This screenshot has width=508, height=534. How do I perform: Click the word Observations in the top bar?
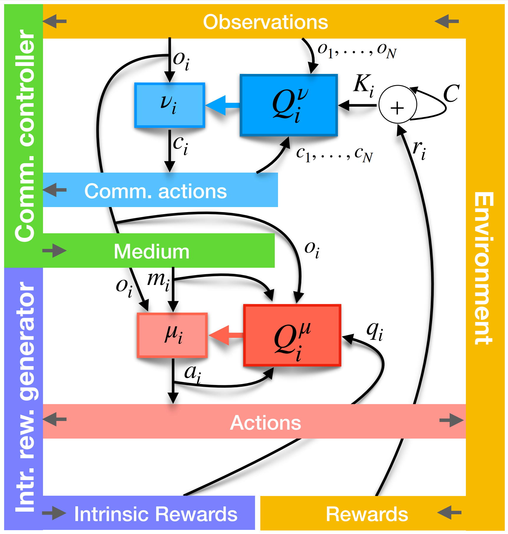click(265, 22)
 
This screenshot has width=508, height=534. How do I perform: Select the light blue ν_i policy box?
click(169, 105)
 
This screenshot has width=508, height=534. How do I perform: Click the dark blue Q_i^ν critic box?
click(289, 105)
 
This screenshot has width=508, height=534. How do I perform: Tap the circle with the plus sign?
click(398, 105)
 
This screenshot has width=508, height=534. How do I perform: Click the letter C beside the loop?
click(451, 94)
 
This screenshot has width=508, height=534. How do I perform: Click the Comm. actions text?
click(155, 191)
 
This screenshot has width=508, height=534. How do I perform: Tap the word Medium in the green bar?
click(151, 252)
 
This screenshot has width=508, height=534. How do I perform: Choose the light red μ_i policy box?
click(173, 335)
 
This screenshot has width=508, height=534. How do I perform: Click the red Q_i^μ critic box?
click(292, 335)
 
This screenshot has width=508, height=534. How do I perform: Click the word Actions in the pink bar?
click(265, 423)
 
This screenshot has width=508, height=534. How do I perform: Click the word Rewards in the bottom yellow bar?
click(367, 514)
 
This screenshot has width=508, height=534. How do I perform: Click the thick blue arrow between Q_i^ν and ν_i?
click(223, 105)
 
